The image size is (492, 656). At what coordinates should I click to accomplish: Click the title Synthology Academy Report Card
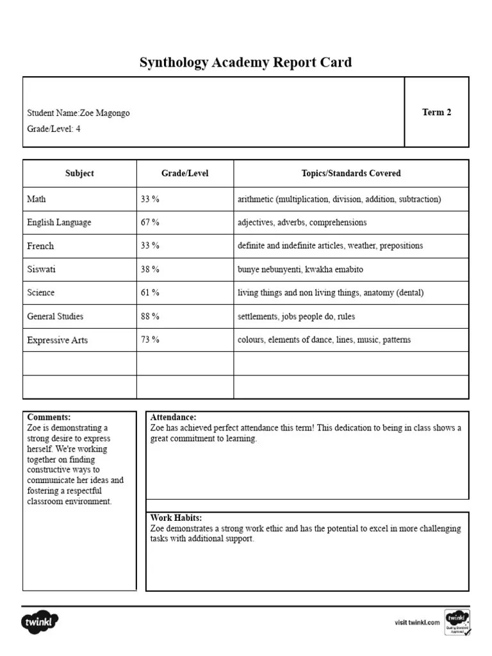click(x=245, y=63)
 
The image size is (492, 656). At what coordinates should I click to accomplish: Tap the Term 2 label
click(x=436, y=112)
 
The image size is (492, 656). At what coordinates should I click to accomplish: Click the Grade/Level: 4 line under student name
click(x=54, y=129)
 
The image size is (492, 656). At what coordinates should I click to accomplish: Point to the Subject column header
click(x=79, y=173)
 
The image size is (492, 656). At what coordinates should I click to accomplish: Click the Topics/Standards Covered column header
click(x=351, y=173)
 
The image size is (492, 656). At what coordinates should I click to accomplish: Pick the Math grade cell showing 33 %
click(x=150, y=199)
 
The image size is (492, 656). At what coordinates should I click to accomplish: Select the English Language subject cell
click(x=59, y=222)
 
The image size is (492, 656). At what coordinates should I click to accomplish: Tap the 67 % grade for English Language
click(x=150, y=222)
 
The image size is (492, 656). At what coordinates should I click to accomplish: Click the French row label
click(x=40, y=246)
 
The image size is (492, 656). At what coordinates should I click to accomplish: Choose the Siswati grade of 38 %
click(x=150, y=270)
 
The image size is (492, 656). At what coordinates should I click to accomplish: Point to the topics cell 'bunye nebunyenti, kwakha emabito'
click(x=300, y=270)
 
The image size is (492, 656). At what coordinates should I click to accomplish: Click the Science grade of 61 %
click(x=150, y=293)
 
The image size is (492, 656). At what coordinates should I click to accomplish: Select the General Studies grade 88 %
click(x=150, y=316)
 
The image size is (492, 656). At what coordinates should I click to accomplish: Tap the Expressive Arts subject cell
click(x=57, y=340)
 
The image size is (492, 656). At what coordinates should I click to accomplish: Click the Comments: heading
click(x=49, y=417)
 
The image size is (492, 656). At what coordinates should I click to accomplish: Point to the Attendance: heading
click(x=173, y=417)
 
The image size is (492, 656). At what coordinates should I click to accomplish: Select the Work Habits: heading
click(x=176, y=518)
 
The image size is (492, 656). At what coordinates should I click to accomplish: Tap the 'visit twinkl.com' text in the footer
click(x=417, y=622)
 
